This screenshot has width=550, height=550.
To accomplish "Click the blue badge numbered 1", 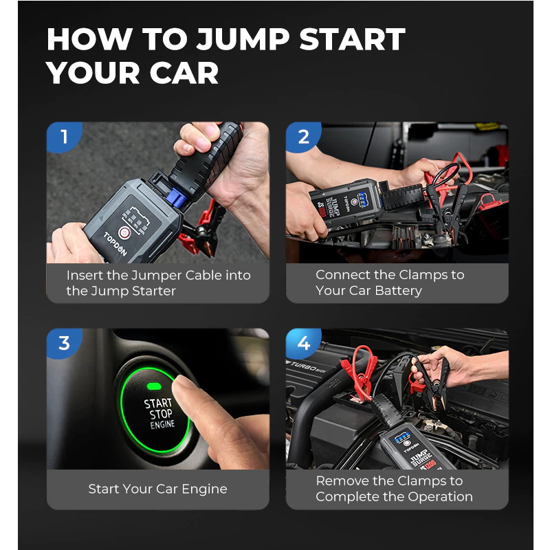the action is (63, 136).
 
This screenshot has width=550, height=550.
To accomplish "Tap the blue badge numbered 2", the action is (303, 136).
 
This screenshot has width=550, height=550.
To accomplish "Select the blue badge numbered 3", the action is (63, 343).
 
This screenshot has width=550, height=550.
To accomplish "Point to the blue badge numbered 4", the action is (303, 343).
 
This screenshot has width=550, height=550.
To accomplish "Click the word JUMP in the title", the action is (243, 39).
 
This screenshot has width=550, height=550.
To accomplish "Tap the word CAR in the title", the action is (184, 73).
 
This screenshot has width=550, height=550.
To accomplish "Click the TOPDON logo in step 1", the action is (115, 243).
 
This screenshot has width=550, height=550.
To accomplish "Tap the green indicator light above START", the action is (154, 386).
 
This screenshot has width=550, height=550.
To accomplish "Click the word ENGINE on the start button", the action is (162, 424).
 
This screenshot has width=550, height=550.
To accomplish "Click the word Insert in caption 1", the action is (85, 276).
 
